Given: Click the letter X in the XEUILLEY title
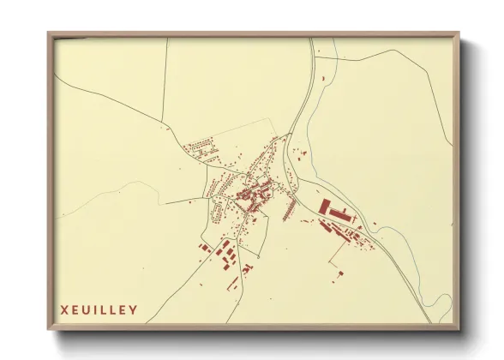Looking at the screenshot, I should click(x=63, y=309).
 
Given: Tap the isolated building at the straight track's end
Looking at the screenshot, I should click(x=339, y=273).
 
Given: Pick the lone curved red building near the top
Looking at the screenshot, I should click(x=324, y=78).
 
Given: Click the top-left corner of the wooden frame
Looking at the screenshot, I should click(x=49, y=34).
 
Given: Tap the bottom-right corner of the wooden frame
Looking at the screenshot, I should click(x=459, y=330).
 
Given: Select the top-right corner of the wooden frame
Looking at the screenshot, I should click(x=459, y=34).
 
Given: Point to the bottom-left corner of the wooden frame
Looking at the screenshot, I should click(x=49, y=330).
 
